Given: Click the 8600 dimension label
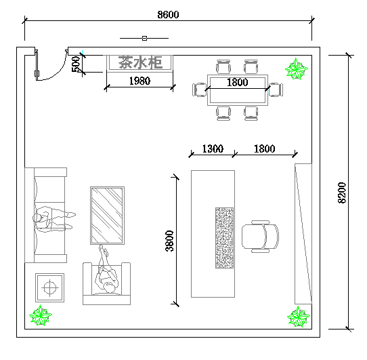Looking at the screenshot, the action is pyautogui.click(x=168, y=14).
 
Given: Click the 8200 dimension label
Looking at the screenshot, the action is pyautogui.click(x=342, y=193).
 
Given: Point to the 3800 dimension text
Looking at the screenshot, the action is pyautogui.click(x=169, y=241).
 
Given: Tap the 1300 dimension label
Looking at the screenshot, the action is pyautogui.click(x=213, y=148).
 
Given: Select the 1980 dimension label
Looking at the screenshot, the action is pyautogui.click(x=139, y=81).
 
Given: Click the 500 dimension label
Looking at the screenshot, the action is pyautogui.click(x=76, y=64).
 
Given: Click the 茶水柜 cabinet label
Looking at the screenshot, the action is pyautogui.click(x=140, y=62).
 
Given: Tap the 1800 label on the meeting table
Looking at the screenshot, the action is pyautogui.click(x=238, y=82).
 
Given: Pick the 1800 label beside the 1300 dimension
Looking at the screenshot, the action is pyautogui.click(x=265, y=148).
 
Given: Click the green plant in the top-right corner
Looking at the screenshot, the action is pyautogui.click(x=297, y=69).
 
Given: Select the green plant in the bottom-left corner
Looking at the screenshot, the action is pyautogui.click(x=41, y=315).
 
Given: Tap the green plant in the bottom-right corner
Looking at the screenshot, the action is pyautogui.click(x=299, y=317).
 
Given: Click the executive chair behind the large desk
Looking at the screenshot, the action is pyautogui.click(x=260, y=236).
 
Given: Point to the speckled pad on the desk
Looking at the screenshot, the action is pyautogui.click(x=224, y=238).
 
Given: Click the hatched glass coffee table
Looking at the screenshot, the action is pyautogui.click(x=108, y=216).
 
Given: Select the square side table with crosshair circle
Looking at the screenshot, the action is pyautogui.click(x=50, y=287).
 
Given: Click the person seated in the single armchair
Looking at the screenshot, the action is pyautogui.click(x=106, y=272).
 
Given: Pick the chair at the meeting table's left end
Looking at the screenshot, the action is pyautogui.click(x=200, y=89).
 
